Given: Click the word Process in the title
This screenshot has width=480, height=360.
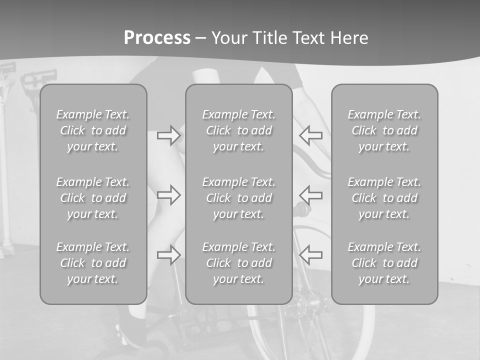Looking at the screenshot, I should tap(157, 38).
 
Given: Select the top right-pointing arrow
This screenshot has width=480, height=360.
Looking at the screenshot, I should tap(169, 135).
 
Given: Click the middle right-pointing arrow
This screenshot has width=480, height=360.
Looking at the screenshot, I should tap(169, 194).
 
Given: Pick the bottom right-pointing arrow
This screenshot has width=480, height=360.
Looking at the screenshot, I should tap(169, 254).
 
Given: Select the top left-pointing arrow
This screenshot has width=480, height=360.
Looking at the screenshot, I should tap(311, 135).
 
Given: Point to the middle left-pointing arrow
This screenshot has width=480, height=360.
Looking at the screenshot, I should tap(311, 194).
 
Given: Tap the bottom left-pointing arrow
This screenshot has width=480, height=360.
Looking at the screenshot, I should tap(311, 254).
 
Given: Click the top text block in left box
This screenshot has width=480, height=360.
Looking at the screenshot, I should tap(93, 130).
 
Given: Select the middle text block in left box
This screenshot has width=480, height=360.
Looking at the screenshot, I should tap(93, 198).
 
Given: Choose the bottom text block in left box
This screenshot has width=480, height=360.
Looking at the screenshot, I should tap(93, 263).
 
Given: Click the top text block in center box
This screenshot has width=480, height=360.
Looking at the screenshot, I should tap(239, 130).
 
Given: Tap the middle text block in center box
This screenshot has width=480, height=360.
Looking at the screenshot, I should tap(239, 198).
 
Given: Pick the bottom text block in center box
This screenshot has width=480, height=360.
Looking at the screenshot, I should tap(239, 263).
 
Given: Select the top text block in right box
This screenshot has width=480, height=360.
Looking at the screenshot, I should tap(384, 130).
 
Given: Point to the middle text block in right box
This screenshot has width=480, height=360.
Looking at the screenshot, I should tap(384, 198).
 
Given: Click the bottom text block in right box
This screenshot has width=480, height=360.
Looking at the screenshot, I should tap(384, 263).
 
